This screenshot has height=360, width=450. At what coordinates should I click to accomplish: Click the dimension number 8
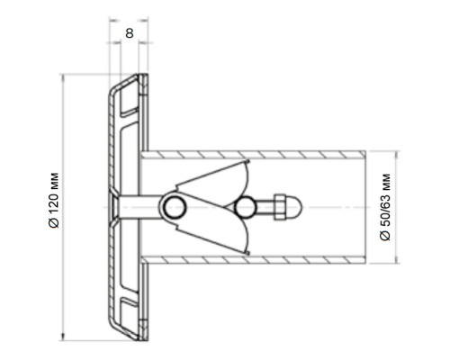(130, 33)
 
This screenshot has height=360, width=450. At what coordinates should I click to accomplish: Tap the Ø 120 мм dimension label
(54, 200)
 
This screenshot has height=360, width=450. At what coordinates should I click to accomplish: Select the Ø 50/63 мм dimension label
(385, 207)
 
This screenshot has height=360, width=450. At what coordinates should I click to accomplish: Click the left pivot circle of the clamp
(175, 207)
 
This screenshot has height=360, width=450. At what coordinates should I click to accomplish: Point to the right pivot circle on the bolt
(245, 207)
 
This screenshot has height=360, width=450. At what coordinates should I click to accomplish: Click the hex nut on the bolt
(279, 207)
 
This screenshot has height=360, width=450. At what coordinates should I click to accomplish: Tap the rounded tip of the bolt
(294, 207)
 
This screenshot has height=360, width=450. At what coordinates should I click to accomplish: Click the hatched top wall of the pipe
(254, 155)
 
